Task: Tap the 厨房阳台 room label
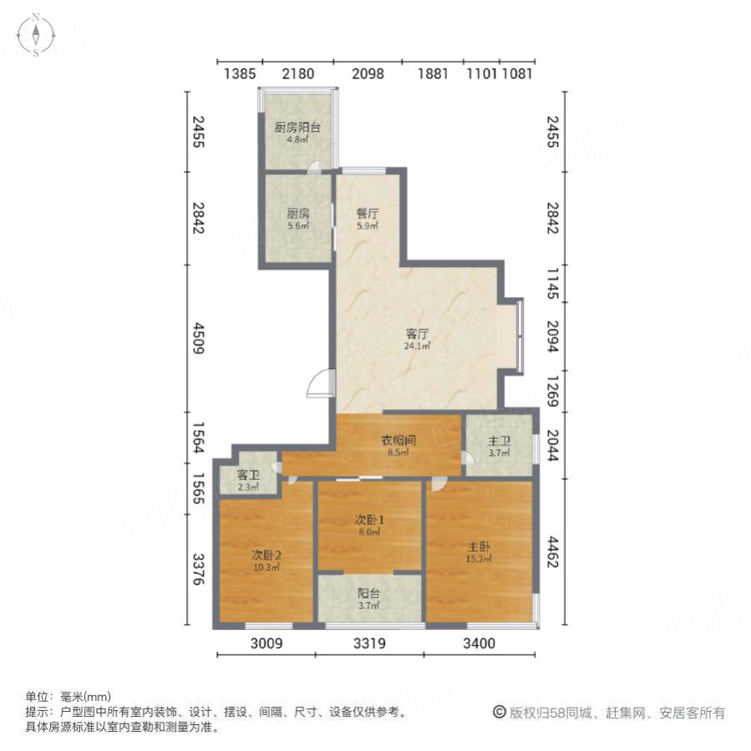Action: pyautogui.click(x=297, y=133)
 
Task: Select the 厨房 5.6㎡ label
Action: pyautogui.click(x=297, y=218)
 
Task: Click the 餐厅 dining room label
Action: pyautogui.click(x=368, y=218)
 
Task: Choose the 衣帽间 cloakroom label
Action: pyautogui.click(x=399, y=446)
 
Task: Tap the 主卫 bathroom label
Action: pyautogui.click(x=499, y=446)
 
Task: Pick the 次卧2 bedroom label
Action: pyautogui.click(x=265, y=560)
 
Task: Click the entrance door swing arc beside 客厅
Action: pyautogui.click(x=319, y=385)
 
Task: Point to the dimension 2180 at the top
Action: pyautogui.click(x=298, y=73)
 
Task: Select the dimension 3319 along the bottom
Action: pyautogui.click(x=369, y=643)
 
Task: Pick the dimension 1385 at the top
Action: pyautogui.click(x=239, y=73)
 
